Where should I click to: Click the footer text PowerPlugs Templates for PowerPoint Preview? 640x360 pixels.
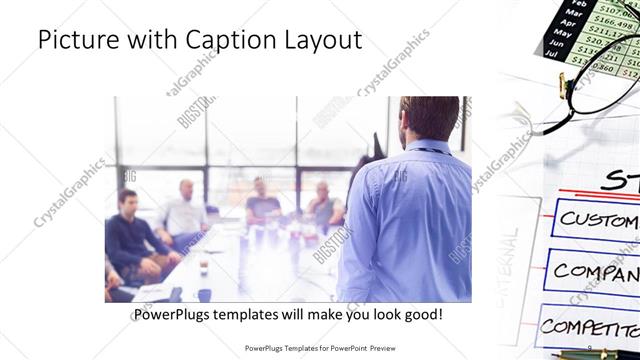319,348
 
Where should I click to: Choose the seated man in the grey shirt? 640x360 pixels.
322,205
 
